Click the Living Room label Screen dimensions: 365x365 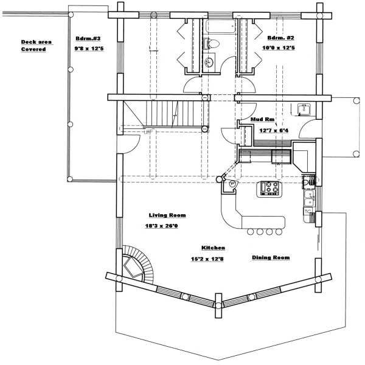coord(167,215)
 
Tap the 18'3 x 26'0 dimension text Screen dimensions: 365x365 coord(161,226)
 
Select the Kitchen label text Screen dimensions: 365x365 coord(214,248)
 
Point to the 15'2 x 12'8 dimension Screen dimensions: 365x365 coord(214,258)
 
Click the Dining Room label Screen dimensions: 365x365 coord(271,258)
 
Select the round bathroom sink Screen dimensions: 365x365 coord(210,61)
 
